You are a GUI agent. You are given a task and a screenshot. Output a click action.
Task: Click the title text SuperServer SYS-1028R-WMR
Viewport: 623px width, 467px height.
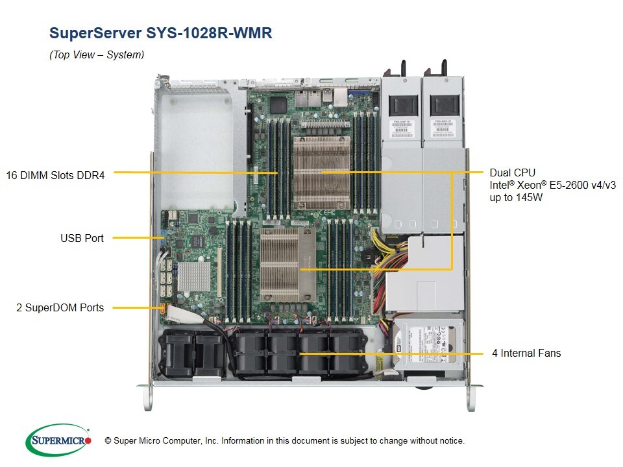161,33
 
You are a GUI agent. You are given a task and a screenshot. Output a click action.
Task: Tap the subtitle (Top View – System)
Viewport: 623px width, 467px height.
97,55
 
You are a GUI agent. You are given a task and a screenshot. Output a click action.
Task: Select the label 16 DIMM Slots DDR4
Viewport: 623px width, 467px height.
55,174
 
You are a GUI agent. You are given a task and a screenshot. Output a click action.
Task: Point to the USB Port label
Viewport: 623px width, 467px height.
82,238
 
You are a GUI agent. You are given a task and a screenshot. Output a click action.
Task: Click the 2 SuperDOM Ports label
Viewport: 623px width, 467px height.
60,307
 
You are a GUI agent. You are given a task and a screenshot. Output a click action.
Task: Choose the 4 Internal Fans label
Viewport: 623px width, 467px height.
526,353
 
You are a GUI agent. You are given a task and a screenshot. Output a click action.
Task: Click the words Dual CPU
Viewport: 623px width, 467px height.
512,173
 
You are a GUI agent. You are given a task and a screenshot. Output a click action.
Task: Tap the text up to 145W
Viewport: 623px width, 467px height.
516,197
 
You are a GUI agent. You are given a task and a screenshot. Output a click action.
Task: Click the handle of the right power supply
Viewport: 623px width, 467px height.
445,68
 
